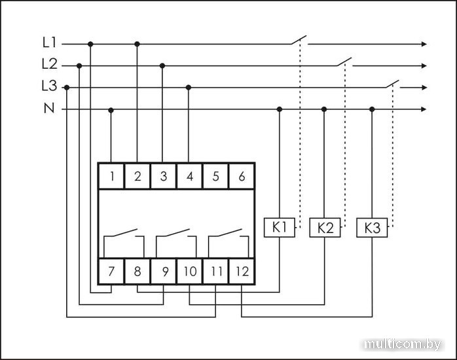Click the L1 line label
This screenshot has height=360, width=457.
click(x=49, y=44)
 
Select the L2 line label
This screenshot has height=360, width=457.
click(x=49, y=65)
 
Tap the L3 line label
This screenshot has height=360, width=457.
click(x=49, y=86)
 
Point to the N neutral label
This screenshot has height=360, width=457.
click(x=49, y=109)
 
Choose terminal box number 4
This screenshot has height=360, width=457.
click(x=190, y=175)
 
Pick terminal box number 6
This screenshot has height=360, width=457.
click(x=242, y=175)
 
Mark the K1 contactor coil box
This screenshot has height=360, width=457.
click(x=280, y=228)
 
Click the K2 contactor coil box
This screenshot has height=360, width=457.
click(x=325, y=228)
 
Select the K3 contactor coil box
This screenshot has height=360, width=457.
click(x=372, y=228)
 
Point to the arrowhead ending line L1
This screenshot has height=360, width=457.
click(x=424, y=45)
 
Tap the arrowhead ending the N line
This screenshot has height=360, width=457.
click(x=424, y=109)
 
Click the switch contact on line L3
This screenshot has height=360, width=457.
click(x=392, y=84)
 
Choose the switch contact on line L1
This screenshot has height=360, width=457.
click(x=299, y=41)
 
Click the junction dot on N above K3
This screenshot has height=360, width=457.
click(x=372, y=109)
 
